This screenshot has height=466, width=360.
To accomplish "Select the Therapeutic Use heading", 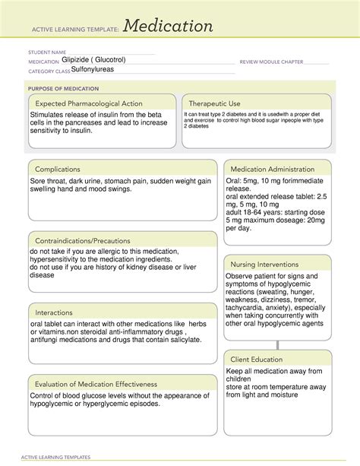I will point(215,103).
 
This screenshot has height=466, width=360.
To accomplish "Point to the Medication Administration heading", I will point(273,169).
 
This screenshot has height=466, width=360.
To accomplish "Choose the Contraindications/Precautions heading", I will point(86,240).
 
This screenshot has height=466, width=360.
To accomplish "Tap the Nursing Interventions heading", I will point(267,265).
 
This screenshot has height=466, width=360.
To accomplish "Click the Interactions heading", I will point(57,312).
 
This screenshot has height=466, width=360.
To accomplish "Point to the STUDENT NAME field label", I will point(48,52).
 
